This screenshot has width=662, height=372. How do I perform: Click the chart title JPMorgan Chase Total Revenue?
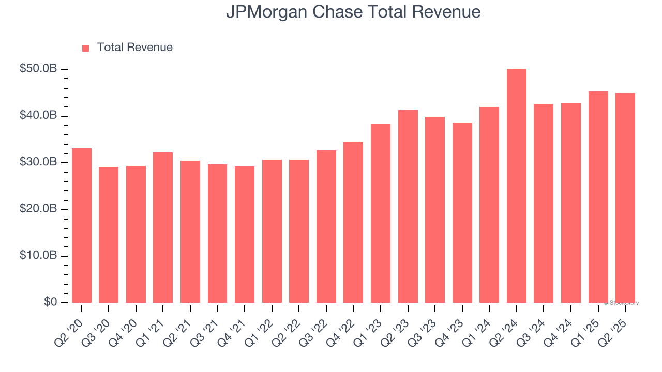click(x=353, y=12)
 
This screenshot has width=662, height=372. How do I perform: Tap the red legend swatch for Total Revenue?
click(x=86, y=48)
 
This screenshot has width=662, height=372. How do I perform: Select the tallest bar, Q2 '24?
click(x=517, y=186)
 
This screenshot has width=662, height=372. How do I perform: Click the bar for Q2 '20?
click(x=82, y=225)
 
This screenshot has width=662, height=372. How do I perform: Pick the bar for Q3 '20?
click(x=109, y=235)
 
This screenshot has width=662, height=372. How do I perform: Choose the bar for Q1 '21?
click(x=163, y=227)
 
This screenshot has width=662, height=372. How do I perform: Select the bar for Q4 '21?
click(x=245, y=235)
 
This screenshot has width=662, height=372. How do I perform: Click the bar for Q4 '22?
click(x=353, y=222)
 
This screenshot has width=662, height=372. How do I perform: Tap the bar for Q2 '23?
click(x=408, y=207)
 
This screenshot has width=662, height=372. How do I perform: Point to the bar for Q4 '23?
click(x=462, y=213)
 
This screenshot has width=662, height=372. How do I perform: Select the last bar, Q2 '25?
click(x=625, y=198)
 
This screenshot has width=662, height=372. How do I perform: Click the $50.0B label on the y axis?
click(x=38, y=69)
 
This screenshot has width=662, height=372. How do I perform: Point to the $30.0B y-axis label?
click(x=38, y=162)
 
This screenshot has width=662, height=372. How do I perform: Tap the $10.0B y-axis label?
click(x=38, y=256)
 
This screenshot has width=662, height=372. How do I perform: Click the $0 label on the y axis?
click(x=50, y=302)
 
